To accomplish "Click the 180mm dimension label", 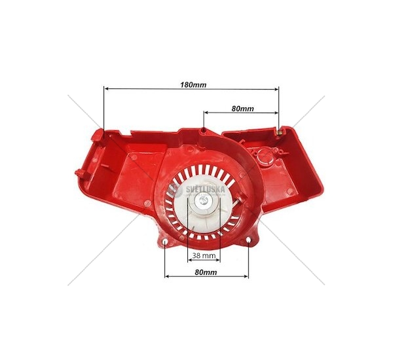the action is tap(193, 85).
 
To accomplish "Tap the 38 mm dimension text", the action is tap(204, 255).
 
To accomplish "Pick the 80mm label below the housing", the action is tap(206, 272).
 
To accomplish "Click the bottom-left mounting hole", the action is tap(165, 242).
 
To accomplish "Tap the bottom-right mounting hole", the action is tap(248, 240).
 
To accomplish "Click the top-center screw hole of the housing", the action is tap(204, 130).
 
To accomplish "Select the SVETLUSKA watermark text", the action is tap(205, 190).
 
